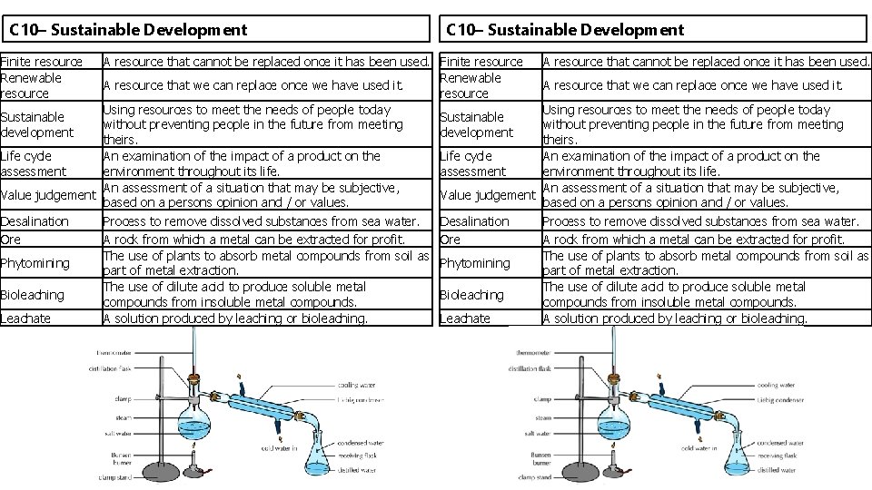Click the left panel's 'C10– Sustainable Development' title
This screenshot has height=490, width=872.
[128, 30]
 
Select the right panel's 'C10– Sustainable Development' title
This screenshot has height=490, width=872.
[565, 30]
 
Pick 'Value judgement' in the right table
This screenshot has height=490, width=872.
[488, 195]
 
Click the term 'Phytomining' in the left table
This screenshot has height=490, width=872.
[35, 263]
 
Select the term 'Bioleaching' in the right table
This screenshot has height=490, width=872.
[471, 295]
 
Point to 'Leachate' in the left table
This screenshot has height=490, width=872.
[25, 318]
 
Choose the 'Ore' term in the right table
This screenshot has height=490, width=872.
[450, 240]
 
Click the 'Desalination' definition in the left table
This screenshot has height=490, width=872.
[262, 221]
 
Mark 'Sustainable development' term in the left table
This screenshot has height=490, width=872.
[37, 124]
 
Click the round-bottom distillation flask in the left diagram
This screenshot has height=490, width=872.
[193, 421]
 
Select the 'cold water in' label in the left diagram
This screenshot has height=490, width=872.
[280, 448]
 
